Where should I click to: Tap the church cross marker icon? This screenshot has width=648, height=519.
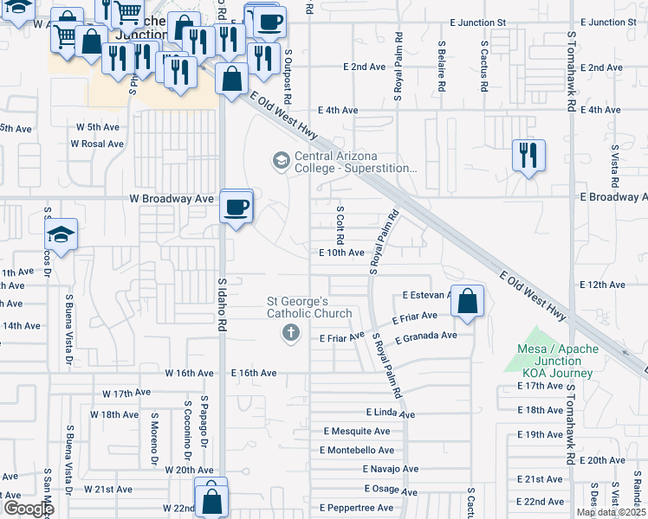pyautogui.click(x=290, y=332)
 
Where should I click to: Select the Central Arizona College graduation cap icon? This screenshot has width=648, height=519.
pyautogui.click(x=280, y=160)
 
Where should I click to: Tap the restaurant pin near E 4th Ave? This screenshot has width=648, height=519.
pyautogui.click(x=527, y=156)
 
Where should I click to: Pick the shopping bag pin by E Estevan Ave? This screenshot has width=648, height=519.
pyautogui.click(x=467, y=302)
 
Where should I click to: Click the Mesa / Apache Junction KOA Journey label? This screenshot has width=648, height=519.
pyautogui.click(x=558, y=361)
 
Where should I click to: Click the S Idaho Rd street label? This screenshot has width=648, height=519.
pyautogui.click(x=222, y=304)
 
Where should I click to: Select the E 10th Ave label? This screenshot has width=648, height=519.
pyautogui.click(x=341, y=253)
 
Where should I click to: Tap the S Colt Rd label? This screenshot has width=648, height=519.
pyautogui.click(x=340, y=224)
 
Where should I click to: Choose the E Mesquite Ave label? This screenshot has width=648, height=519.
pyautogui.click(x=357, y=431)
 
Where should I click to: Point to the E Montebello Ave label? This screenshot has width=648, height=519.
pyautogui.click(x=357, y=451)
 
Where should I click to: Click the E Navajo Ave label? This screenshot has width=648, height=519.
pyautogui.click(x=390, y=469)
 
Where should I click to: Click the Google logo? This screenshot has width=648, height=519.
pyautogui.click(x=29, y=509)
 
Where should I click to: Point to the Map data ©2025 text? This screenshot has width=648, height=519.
pyautogui.click(x=612, y=512)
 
